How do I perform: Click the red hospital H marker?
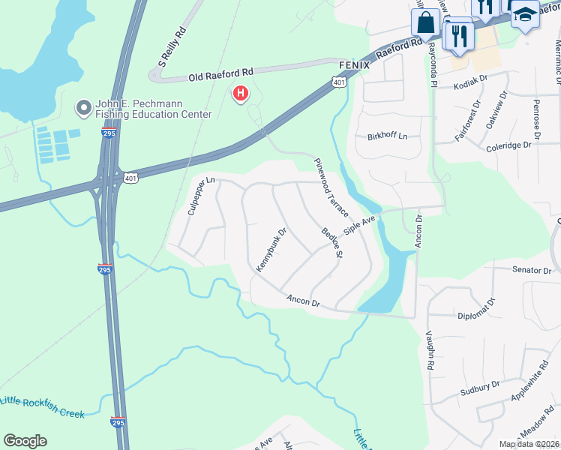(x=241, y=94)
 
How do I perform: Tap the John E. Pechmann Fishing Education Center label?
(x=154, y=109)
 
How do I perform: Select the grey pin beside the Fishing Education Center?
(x=83, y=109)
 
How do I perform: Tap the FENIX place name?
(x=343, y=65)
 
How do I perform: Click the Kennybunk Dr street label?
(x=271, y=250)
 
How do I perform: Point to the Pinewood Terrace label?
(x=331, y=187)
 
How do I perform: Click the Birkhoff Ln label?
(x=387, y=136)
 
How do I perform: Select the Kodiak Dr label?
(x=472, y=86)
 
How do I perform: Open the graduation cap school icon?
(x=526, y=14)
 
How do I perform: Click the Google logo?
(x=25, y=441)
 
